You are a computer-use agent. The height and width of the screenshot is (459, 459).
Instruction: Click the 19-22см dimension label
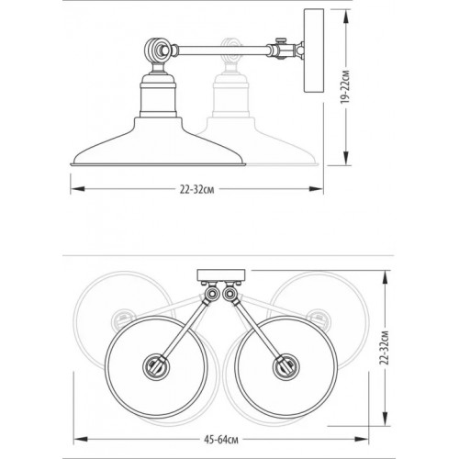(x=345, y=87)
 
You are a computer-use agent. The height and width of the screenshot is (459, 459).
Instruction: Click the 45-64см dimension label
(x=221, y=440)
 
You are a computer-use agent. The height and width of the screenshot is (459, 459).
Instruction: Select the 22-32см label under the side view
(x=196, y=190)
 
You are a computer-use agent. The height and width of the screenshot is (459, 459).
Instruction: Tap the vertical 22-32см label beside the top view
(x=384, y=348)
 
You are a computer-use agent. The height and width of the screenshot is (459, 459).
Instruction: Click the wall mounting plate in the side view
(x=314, y=50)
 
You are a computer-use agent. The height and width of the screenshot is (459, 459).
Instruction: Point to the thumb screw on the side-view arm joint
(x=281, y=40)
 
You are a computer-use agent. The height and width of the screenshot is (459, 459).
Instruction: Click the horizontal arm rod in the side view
(x=222, y=50)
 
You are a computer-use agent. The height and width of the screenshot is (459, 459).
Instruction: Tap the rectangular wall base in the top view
(x=221, y=275)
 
